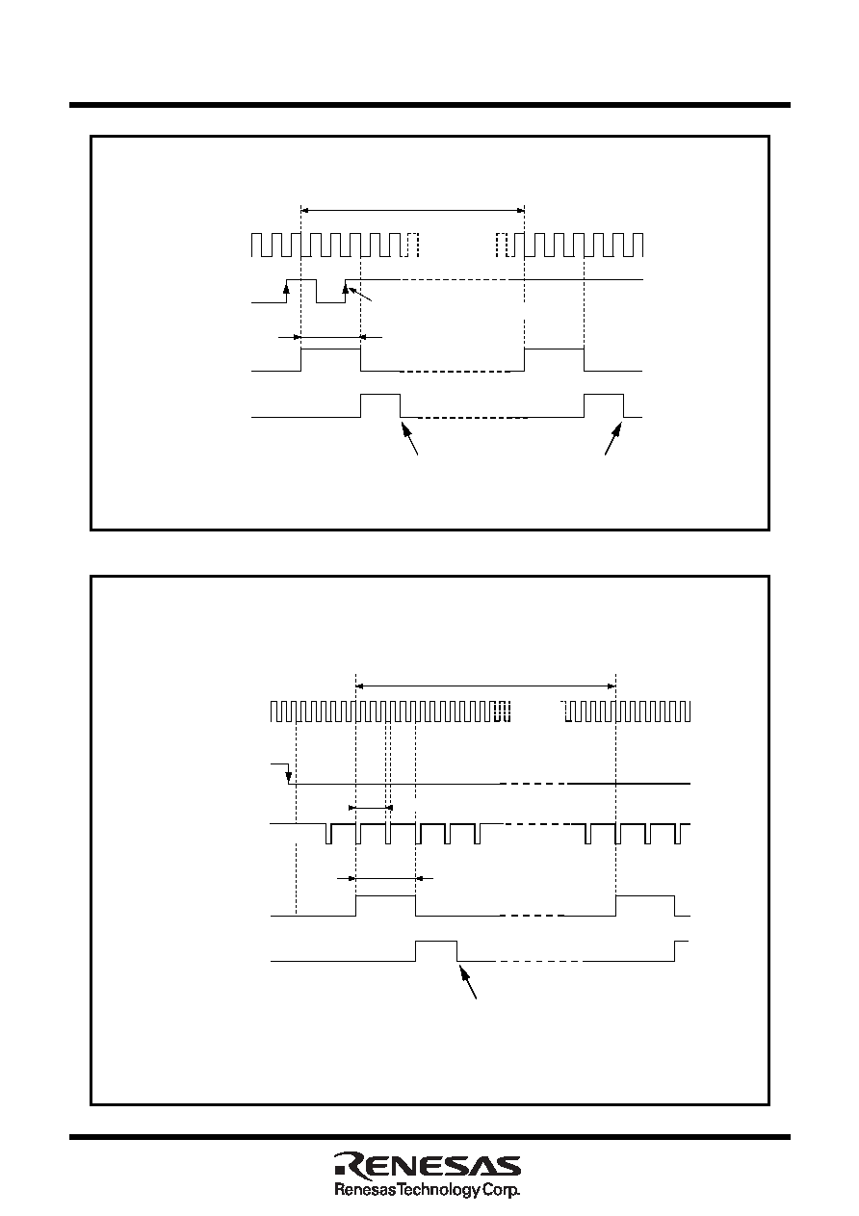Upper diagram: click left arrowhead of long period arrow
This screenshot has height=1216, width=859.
click(x=304, y=210)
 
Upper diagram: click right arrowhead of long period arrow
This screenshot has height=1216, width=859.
click(x=521, y=210)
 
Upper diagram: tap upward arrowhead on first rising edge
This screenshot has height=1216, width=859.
click(x=287, y=288)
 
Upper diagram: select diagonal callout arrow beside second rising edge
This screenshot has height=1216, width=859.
click(x=360, y=294)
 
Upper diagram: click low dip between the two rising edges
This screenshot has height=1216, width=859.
click(x=330, y=301)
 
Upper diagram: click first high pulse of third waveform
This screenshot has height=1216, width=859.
click(x=330, y=349)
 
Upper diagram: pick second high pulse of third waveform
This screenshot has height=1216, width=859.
click(x=555, y=349)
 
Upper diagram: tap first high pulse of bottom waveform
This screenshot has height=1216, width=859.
click(x=380, y=395)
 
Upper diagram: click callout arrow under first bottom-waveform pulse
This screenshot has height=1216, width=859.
click(x=410, y=439)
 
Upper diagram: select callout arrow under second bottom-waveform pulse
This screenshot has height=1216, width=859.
click(x=613, y=439)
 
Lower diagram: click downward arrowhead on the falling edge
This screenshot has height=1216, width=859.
click(x=288, y=778)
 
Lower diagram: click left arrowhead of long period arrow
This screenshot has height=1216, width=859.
click(x=359, y=686)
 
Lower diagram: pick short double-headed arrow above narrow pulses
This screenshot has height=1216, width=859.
click(x=371, y=808)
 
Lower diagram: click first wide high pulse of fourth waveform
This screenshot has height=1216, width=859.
click(x=385, y=896)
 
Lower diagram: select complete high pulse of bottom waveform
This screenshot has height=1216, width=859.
click(x=436, y=942)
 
